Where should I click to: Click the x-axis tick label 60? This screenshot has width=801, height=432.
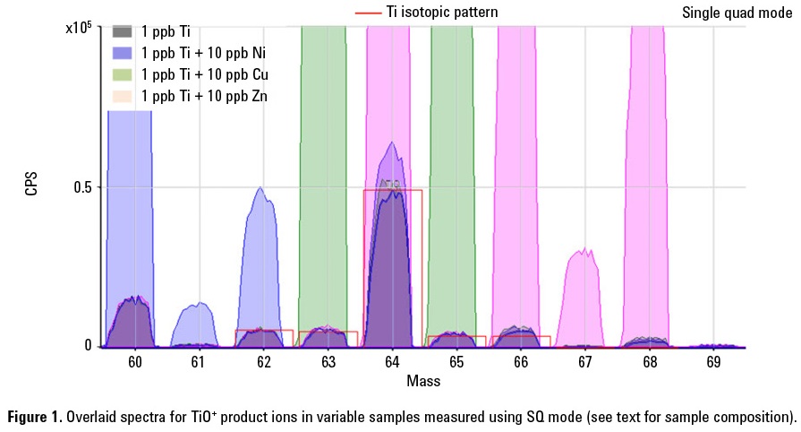[134, 363]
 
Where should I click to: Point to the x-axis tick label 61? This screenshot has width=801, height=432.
[199, 363]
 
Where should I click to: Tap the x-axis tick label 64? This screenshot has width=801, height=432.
[392, 363]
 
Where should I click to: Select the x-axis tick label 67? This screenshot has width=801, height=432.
[584, 363]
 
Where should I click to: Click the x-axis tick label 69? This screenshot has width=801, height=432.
[713, 363]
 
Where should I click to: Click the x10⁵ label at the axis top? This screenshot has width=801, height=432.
[80, 28]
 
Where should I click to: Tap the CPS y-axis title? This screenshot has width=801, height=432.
[32, 187]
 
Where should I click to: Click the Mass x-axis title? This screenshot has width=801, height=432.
[423, 381]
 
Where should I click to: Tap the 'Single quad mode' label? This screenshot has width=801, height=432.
[737, 13]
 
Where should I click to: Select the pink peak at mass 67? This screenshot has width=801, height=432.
[584, 296]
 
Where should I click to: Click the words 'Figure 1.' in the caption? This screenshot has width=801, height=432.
[37, 418]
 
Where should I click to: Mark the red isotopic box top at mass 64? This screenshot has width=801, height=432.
[392, 190]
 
